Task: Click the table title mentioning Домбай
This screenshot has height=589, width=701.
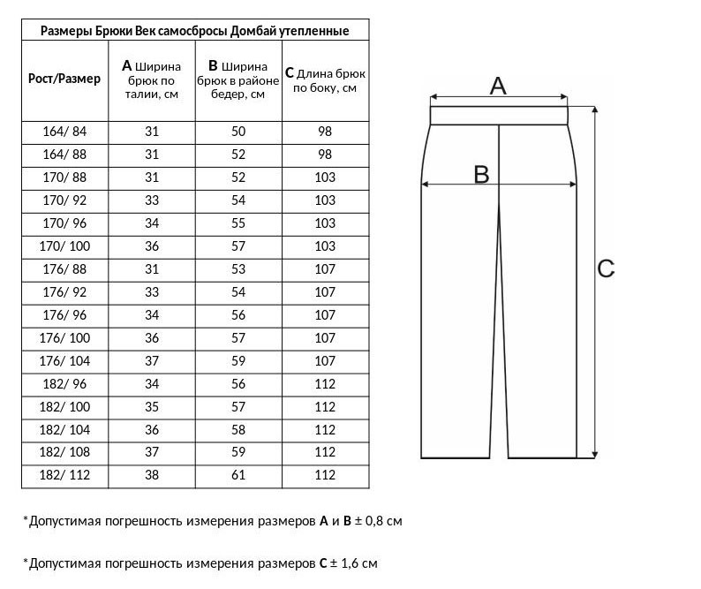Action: tap(195, 31)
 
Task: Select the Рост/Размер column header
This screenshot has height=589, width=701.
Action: tap(64, 79)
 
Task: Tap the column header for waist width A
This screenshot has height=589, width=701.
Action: tap(151, 79)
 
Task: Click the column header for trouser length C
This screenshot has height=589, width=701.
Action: tap(325, 79)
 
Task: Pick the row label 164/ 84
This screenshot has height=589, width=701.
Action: tap(64, 132)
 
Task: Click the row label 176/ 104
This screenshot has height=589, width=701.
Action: tap(64, 361)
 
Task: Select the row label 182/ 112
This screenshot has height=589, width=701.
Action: tap(64, 476)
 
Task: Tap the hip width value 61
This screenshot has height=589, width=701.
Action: tap(238, 476)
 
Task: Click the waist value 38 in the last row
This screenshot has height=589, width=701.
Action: tap(151, 476)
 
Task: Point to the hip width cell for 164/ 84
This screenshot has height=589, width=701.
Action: tap(238, 132)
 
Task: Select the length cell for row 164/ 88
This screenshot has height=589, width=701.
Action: tap(325, 155)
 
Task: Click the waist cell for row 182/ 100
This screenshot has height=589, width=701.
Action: tap(151, 407)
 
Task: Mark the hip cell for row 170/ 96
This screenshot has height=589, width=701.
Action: tap(238, 223)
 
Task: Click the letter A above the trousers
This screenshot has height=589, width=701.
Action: tap(498, 86)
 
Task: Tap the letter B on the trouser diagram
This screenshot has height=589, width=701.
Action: tap(481, 174)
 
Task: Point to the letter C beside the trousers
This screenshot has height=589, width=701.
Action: tap(606, 268)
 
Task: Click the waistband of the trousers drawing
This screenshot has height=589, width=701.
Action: tap(498, 116)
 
